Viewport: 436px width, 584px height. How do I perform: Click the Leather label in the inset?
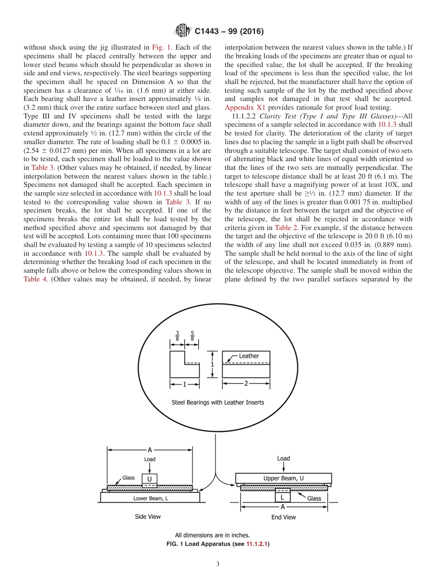click(249, 356)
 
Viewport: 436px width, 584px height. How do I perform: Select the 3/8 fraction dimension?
click(178, 336)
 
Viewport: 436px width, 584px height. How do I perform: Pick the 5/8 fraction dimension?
click(192, 336)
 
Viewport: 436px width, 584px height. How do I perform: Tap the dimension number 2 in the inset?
click(246, 384)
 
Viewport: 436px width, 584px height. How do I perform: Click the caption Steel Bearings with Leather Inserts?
click(218, 403)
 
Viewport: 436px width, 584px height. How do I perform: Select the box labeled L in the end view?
click(282, 497)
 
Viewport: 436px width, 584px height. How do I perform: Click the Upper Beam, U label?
click(283, 478)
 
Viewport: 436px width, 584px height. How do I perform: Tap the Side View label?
click(148, 517)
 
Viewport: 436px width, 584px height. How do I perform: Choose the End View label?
click(283, 517)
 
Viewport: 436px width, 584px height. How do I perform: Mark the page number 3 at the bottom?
click(218, 564)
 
